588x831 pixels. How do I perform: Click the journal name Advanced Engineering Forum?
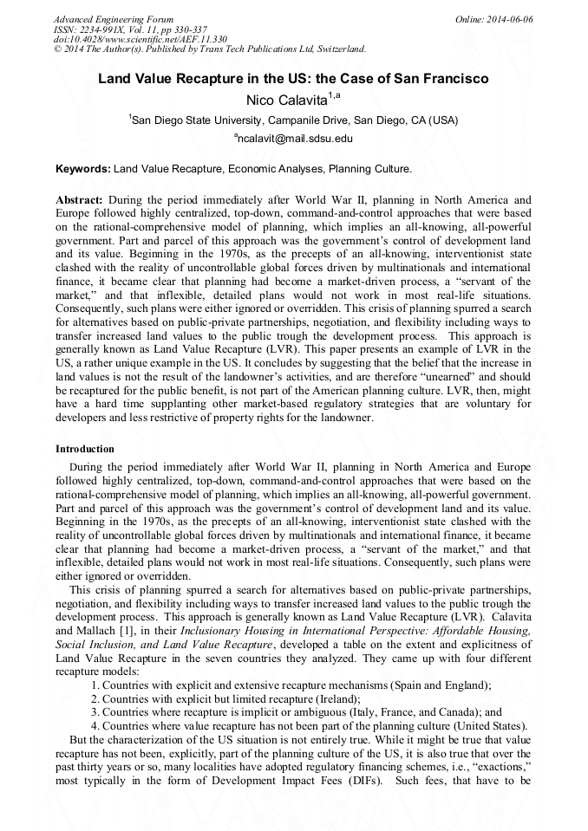point(114,19)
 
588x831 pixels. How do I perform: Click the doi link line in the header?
point(140,39)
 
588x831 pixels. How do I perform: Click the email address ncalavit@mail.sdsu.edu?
point(296,139)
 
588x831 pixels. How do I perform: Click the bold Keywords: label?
point(82,168)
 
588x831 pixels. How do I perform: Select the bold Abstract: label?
point(80,199)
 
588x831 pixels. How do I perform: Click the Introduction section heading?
point(85,449)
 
